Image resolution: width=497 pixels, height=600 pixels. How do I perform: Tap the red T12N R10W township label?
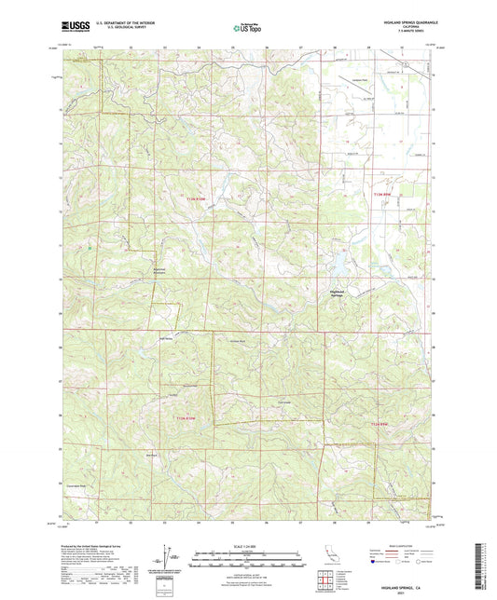point(187,419)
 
